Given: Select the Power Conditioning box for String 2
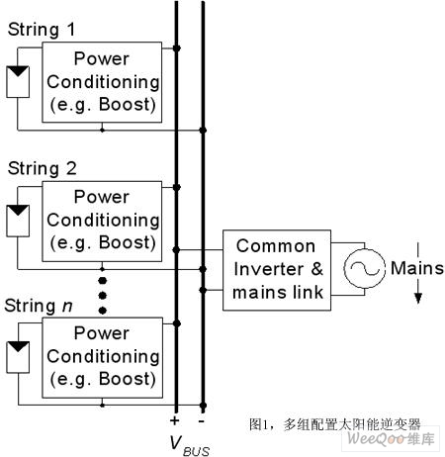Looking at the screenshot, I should (x=102, y=219).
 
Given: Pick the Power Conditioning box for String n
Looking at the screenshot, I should (x=102, y=356).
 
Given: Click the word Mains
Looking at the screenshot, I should (x=416, y=268).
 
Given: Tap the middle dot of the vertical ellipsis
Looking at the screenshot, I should (x=102, y=284).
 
